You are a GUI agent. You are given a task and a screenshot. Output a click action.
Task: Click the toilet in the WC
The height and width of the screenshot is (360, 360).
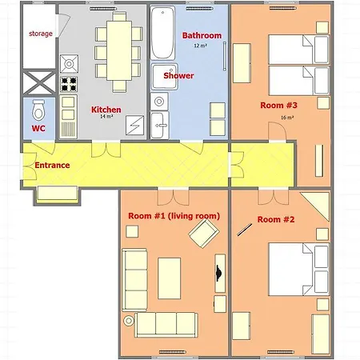tap(38, 110)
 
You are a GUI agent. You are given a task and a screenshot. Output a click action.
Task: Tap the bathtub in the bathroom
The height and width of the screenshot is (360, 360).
tap(162, 33)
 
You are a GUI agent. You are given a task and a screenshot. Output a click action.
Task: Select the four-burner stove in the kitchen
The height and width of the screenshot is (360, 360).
tap(69, 84)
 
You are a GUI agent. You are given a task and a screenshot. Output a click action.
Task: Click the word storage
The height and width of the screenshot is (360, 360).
tap(41, 34)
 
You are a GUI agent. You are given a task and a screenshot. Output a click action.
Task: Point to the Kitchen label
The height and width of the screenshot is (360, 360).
tap(106, 110)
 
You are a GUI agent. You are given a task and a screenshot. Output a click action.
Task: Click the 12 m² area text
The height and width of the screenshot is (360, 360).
tap(201, 46)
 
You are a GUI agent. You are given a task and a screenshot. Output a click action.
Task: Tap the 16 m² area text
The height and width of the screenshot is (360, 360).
tap(287, 118)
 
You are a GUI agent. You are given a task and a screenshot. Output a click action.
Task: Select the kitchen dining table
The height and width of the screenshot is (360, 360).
tap(119, 50)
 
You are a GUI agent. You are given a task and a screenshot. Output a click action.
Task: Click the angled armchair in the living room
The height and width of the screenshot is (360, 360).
tap(204, 234)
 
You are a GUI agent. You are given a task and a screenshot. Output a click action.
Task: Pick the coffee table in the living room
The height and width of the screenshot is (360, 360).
tap(170, 278)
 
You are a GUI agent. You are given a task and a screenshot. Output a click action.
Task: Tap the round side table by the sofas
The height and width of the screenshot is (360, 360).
tap(129, 321)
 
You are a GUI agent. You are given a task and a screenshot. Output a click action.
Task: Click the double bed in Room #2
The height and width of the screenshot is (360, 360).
tap(298, 269)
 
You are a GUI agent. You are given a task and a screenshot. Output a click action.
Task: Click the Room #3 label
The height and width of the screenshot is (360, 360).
tap(278, 106)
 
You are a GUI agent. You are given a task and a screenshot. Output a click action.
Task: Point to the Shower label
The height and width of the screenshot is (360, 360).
tap(178, 76)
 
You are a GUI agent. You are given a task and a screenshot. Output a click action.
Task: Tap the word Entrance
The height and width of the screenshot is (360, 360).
tap(52, 166)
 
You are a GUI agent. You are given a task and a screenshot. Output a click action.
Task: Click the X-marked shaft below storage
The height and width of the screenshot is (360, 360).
tap(39, 82)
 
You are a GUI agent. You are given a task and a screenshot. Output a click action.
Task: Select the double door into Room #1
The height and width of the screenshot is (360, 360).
tap(174, 197)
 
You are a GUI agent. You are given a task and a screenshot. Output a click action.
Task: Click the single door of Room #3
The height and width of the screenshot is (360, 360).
tap(278, 131)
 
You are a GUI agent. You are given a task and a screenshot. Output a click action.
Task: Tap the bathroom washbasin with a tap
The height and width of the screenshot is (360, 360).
tap(159, 125)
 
